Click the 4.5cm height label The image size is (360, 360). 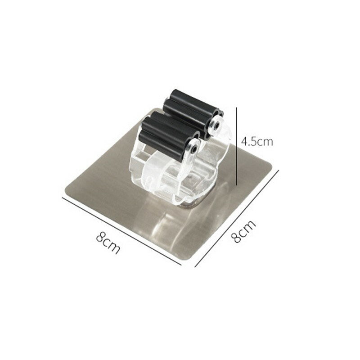(x=257, y=142)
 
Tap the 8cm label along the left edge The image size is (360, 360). (x=108, y=243)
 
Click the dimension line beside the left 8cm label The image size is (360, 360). (x=121, y=231)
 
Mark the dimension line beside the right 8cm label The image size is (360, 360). (x=237, y=218)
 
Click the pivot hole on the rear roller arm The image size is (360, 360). (x=216, y=126)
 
